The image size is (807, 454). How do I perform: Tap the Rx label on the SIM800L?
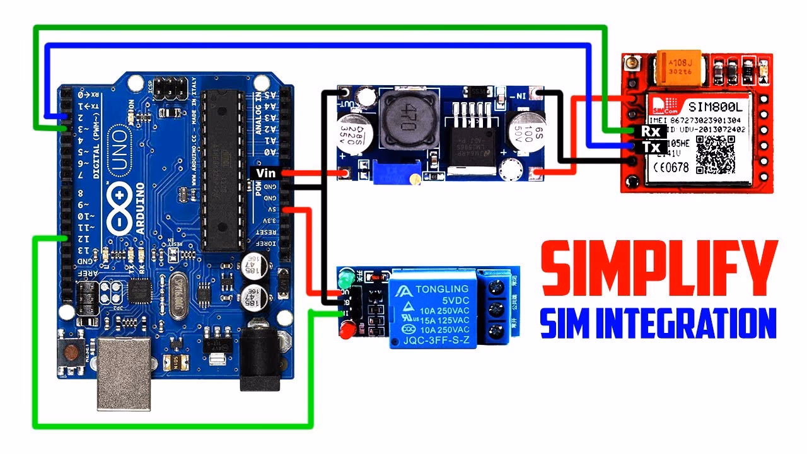650,131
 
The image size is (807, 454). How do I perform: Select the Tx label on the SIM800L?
650,147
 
